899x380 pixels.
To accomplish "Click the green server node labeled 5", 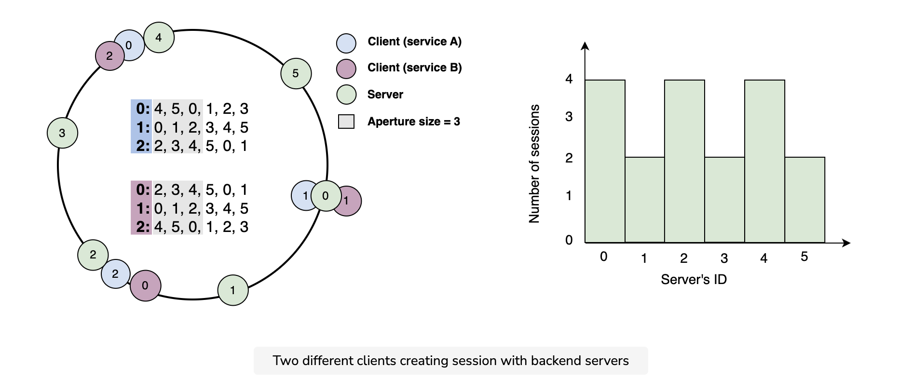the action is (x=296, y=73).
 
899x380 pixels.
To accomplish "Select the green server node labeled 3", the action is (x=62, y=133).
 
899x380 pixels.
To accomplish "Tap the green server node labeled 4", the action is (x=159, y=37).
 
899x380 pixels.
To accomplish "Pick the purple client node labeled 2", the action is (x=109, y=56).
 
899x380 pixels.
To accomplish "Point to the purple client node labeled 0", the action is (x=145, y=285).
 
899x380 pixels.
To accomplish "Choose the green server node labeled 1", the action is (x=233, y=290).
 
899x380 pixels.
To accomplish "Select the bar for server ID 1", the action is (x=645, y=200).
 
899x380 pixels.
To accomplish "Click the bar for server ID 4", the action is (x=764, y=161).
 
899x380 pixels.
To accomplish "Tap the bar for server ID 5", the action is (x=805, y=200).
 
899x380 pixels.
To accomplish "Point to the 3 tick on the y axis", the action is (x=569, y=117).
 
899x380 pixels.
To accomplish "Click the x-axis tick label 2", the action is (x=684, y=258).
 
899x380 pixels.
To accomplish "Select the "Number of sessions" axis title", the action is (x=534, y=164).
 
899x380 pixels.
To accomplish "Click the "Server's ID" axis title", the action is (x=694, y=279).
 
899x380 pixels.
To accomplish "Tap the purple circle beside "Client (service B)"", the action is (x=346, y=69).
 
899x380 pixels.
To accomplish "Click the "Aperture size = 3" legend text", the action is (x=414, y=122).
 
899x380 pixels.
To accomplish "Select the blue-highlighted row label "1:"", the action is (x=143, y=127).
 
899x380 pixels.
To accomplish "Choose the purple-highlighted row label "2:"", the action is (x=143, y=227).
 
